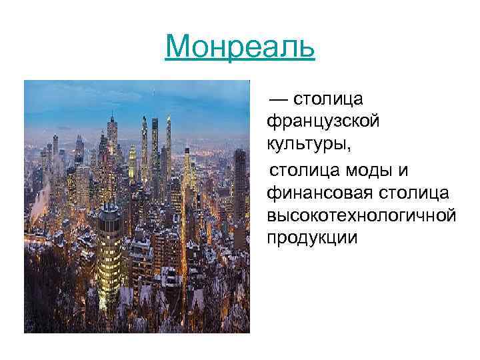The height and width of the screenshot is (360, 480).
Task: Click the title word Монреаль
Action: [x=239, y=47]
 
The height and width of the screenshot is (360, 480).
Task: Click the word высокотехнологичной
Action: [x=361, y=215]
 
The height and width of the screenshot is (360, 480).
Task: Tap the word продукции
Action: [x=312, y=239]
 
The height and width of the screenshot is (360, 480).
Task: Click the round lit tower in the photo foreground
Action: [x=109, y=253]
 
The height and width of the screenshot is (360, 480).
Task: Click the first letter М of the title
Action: [x=178, y=47]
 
